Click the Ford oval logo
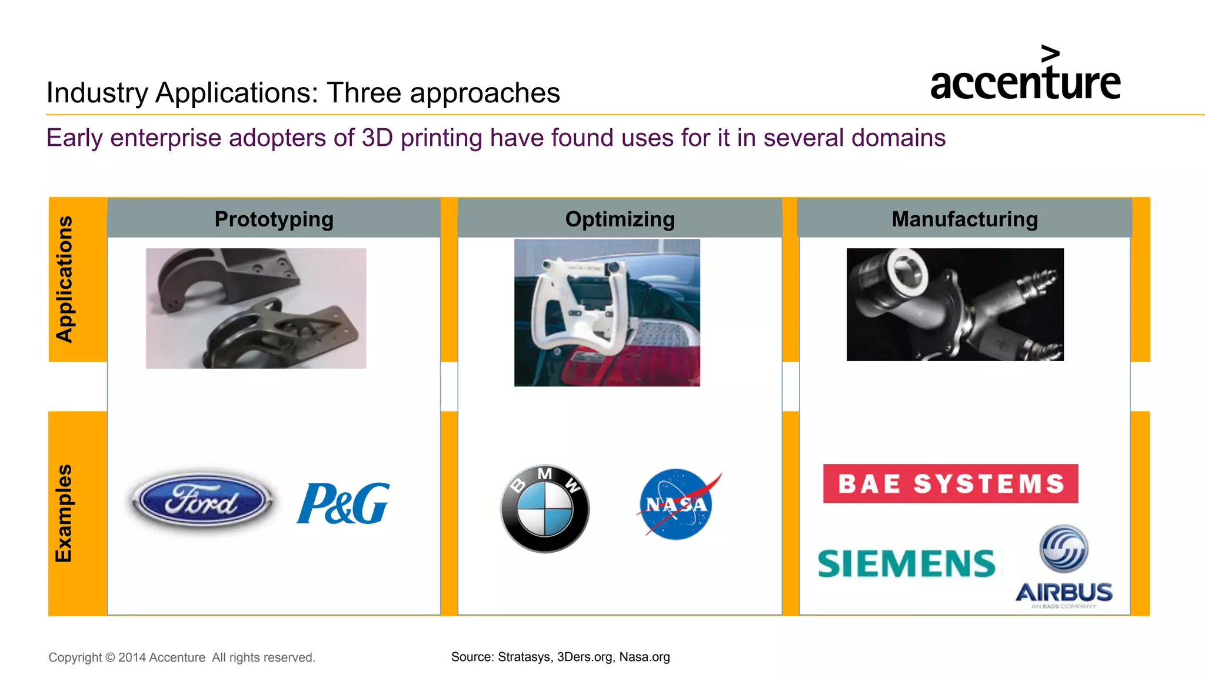click(x=202, y=501)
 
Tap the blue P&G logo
click(x=343, y=503)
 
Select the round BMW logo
click(x=545, y=509)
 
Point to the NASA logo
click(x=677, y=505)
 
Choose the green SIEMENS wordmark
click(x=906, y=564)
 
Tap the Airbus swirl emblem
click(x=1064, y=549)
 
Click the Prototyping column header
click(x=274, y=219)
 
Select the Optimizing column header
click(x=620, y=219)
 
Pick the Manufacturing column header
click(x=964, y=219)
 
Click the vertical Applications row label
click(x=65, y=279)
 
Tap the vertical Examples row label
click(x=64, y=513)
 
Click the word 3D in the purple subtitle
click(x=377, y=138)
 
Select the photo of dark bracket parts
click(x=256, y=308)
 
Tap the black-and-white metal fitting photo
click(x=955, y=305)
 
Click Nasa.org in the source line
click(x=644, y=657)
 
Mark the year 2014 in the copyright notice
click(x=132, y=657)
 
